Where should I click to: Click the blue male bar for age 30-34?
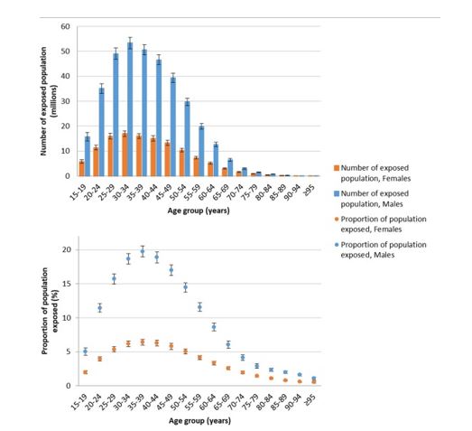[130, 109]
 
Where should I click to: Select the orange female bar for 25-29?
[110, 155]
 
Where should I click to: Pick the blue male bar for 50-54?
[187, 138]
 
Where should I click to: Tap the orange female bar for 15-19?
[81, 168]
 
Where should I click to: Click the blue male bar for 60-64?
[216, 160]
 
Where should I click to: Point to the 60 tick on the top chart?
[65, 26]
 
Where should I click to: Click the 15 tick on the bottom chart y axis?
[66, 284]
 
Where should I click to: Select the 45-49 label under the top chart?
[165, 192]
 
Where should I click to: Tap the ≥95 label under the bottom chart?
[310, 401]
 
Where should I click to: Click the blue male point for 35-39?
[143, 251]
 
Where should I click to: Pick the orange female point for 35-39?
[143, 342]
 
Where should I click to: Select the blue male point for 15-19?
[86, 351]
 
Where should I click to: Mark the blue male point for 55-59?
[199, 307]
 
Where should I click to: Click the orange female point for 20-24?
[99, 359]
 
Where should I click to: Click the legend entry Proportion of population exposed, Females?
[380, 224]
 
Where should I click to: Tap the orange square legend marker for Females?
[337, 168]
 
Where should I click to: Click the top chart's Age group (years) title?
[199, 211]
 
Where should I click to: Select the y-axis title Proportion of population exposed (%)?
[50, 311]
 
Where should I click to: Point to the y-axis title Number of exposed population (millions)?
[49, 101]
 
